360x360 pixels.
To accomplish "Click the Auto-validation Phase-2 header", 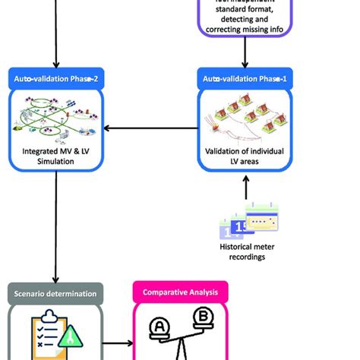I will point(56,78).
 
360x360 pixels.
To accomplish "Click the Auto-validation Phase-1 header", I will point(245,78).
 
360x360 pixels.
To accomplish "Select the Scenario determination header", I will point(56,292).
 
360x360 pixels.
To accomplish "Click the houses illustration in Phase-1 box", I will point(245,122).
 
